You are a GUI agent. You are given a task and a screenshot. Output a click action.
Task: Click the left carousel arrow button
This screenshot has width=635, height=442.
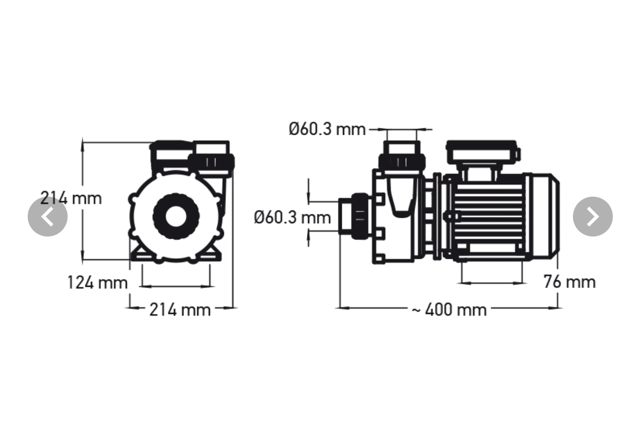click(48, 217)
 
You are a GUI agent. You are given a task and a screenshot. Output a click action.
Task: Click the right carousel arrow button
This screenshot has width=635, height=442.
click(592, 217)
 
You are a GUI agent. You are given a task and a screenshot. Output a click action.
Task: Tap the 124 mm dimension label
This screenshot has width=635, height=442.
click(98, 282)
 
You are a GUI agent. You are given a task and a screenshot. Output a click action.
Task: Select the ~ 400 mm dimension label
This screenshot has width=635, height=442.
click(449, 309)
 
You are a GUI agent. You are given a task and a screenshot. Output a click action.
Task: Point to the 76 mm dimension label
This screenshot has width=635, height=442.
click(569, 281)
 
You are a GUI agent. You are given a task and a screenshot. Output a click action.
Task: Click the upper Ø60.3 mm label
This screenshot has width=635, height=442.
click(327, 130)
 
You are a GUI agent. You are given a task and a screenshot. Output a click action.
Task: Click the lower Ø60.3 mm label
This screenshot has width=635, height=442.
click(292, 217)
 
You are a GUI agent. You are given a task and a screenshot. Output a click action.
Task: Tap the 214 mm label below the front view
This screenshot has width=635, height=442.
click(180, 310)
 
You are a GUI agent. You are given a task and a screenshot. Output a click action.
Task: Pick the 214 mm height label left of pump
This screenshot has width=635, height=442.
click(71, 198)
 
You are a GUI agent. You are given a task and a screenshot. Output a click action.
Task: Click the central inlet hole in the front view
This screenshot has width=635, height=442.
click(176, 216)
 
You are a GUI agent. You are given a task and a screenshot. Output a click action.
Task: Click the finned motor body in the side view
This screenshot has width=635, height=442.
click(488, 216)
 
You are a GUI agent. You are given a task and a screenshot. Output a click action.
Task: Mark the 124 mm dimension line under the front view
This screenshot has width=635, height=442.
click(176, 286)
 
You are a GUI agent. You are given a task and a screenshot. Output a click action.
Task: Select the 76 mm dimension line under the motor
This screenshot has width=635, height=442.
click(491, 283)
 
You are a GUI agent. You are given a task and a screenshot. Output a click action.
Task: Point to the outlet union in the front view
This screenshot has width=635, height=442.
click(211, 162)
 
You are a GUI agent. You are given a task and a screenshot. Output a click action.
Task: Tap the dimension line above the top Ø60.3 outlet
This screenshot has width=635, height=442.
click(401, 130)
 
